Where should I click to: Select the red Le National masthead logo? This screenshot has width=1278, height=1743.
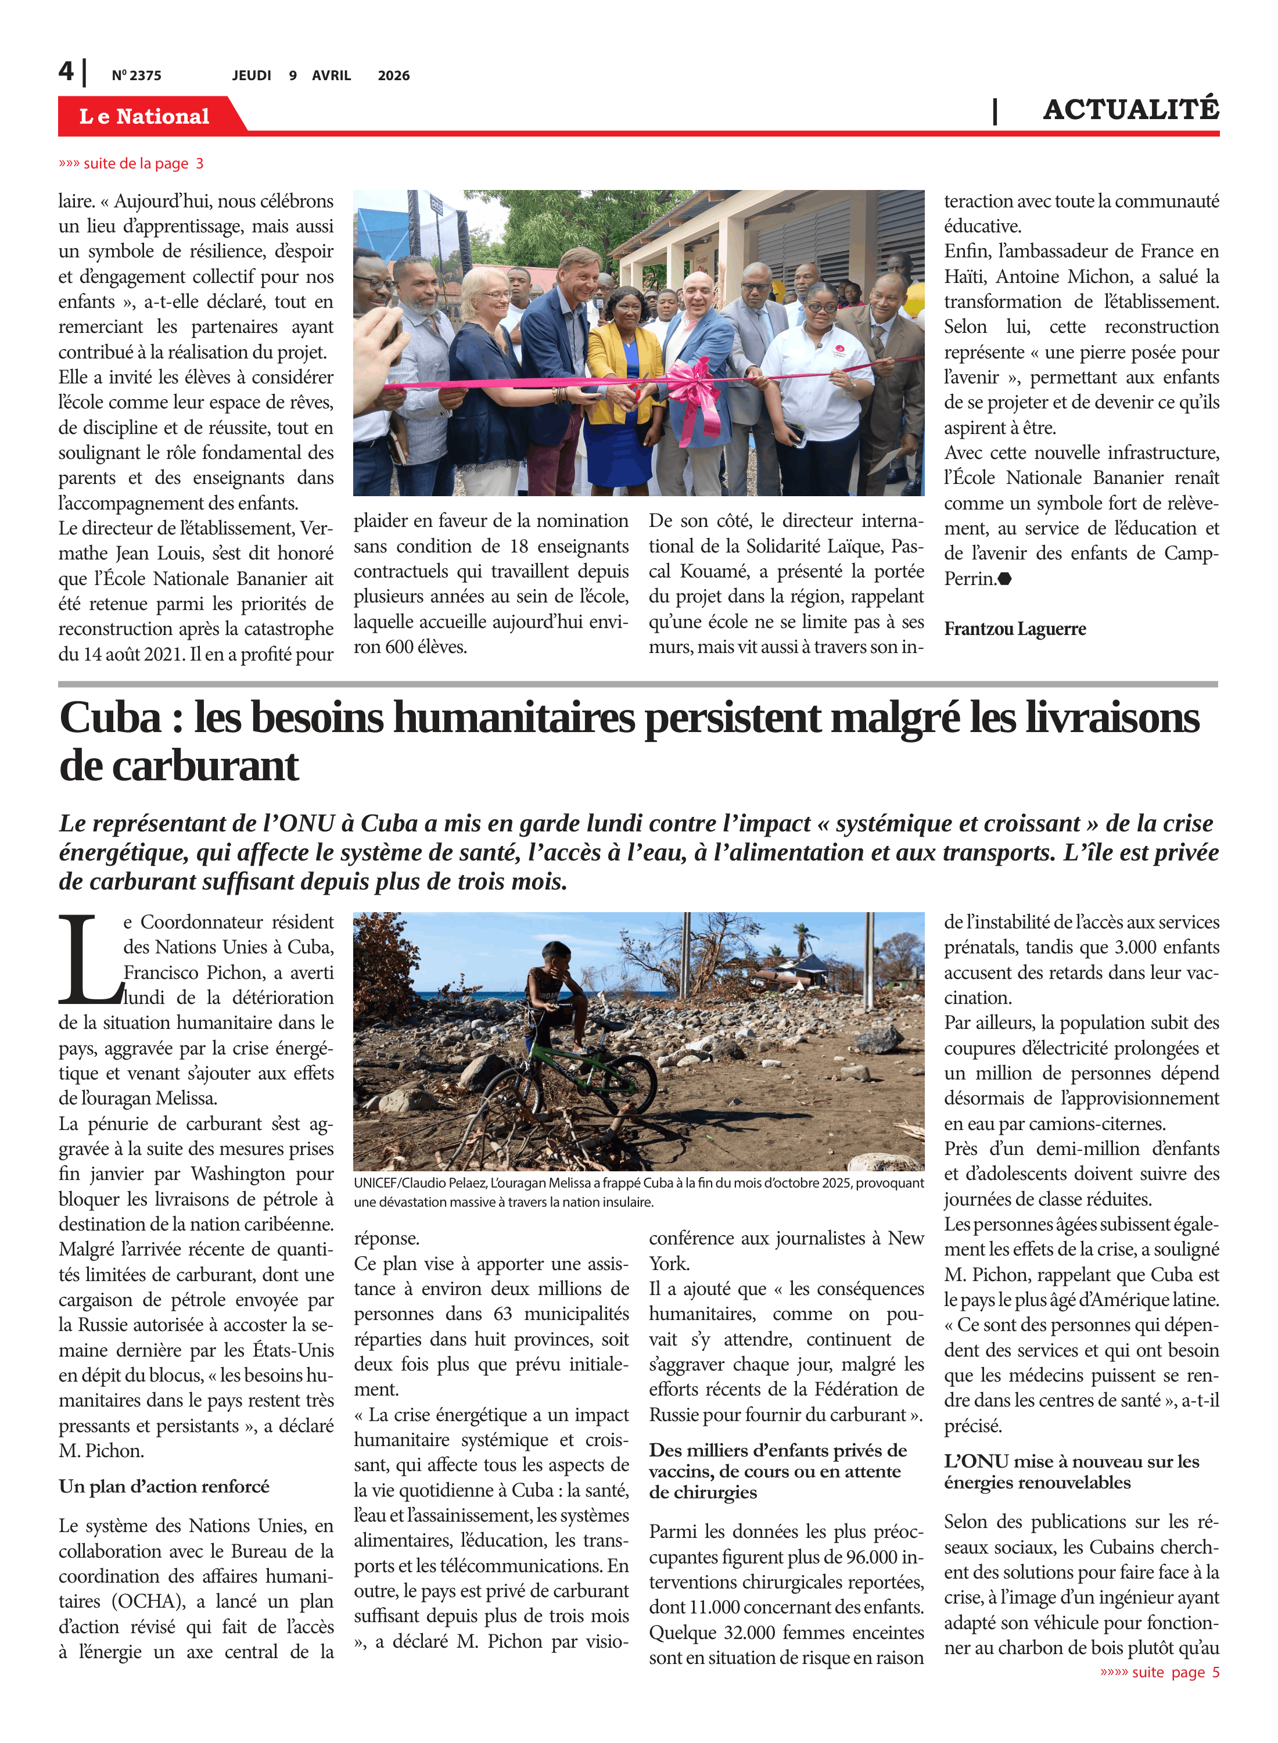point(145,116)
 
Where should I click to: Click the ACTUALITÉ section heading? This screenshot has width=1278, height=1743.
point(1130,110)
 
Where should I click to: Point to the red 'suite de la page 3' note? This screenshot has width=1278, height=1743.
point(131,163)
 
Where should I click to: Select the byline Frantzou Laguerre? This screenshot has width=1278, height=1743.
point(1014,629)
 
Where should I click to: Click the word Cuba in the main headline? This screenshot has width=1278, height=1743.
point(110,718)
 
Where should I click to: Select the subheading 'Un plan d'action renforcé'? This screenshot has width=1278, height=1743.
point(164,1486)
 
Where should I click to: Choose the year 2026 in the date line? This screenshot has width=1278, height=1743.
point(393,76)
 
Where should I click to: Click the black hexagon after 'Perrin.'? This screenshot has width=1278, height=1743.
point(1005,579)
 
